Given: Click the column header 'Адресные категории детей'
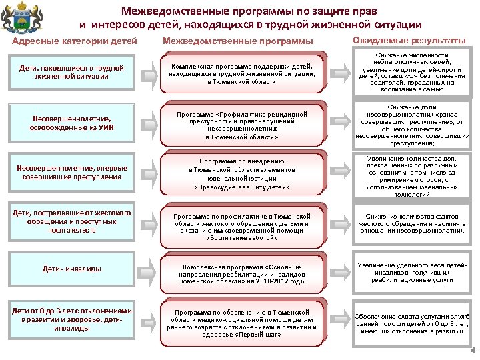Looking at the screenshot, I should pyautogui.click(x=75, y=42).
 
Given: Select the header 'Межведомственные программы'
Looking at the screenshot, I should pyautogui.click(x=238, y=42).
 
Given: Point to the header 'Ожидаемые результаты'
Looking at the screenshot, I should pyautogui.click(x=408, y=41).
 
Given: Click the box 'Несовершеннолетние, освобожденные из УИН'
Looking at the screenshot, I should pyautogui.click(x=71, y=123).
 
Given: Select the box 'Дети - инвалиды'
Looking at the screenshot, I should pyautogui.click(x=71, y=269).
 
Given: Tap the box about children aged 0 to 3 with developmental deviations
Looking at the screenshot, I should pyautogui.click(x=71, y=319).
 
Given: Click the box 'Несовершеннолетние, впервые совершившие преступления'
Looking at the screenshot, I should pyautogui.click(x=71, y=173).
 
